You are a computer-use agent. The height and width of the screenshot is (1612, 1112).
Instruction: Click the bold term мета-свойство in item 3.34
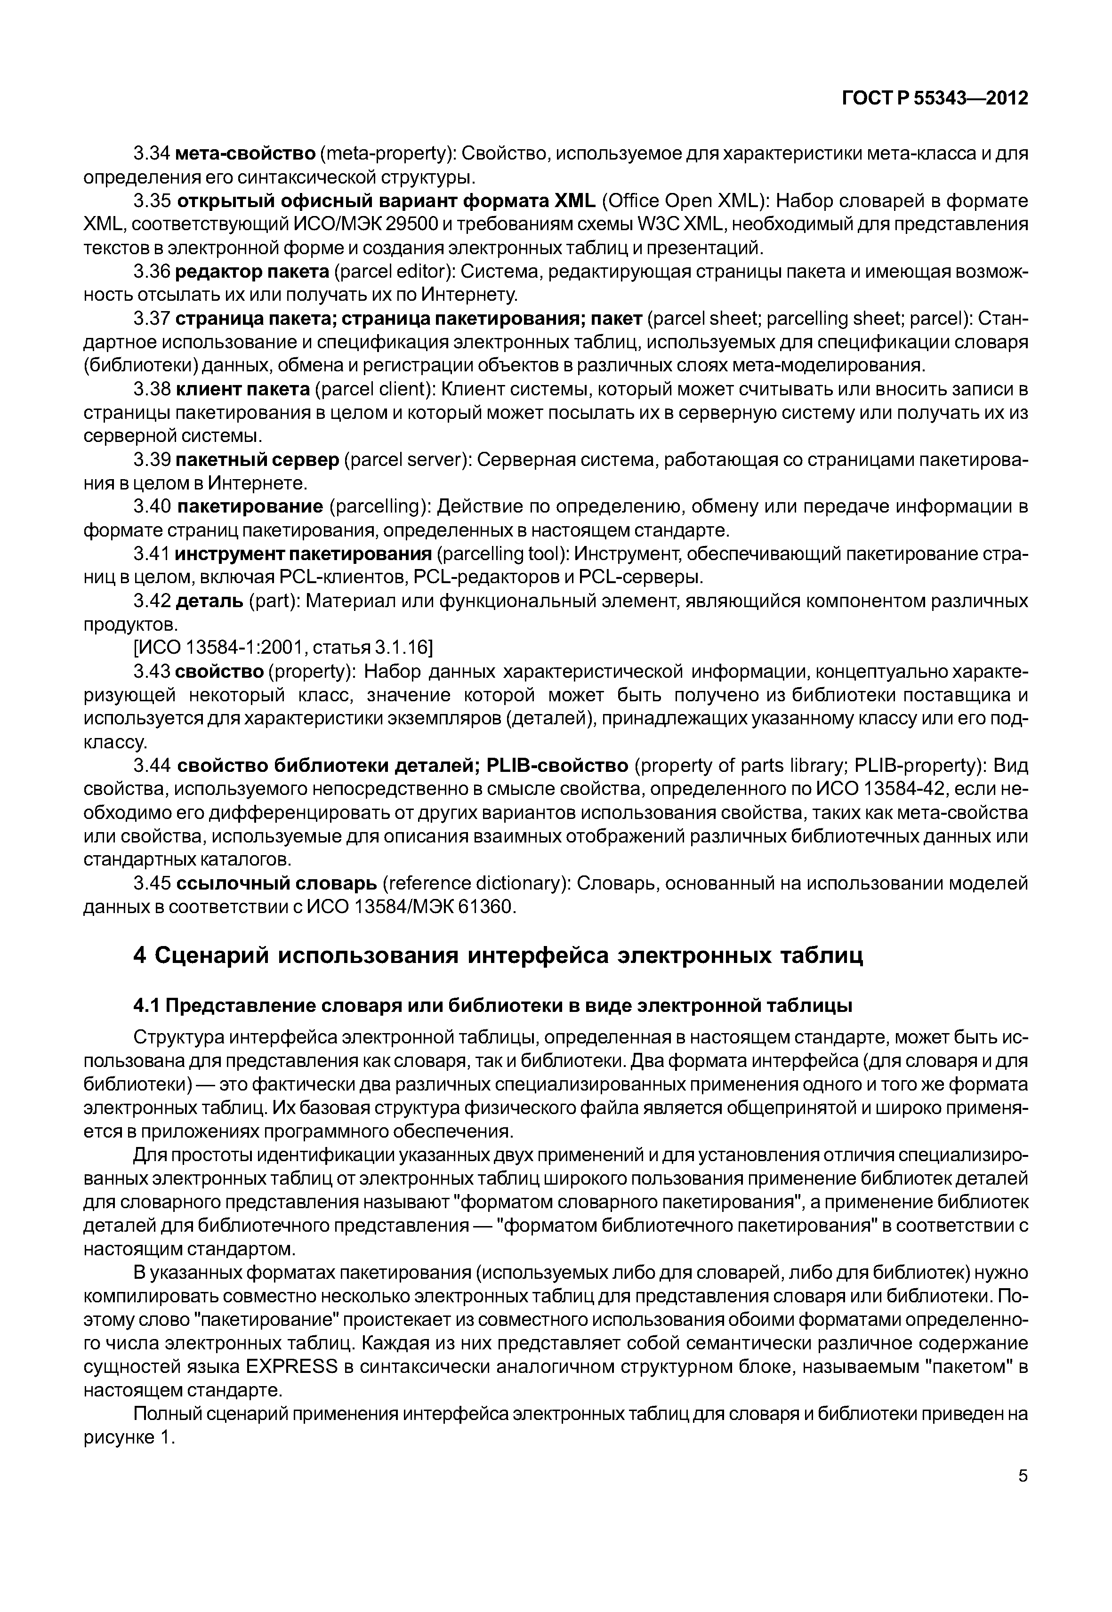[x=246, y=153]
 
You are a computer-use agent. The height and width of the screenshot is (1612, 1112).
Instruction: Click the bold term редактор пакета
[x=252, y=272]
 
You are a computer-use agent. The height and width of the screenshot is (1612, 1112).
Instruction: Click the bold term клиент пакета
[x=243, y=389]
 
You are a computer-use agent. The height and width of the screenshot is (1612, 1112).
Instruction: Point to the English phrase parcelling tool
[x=499, y=554]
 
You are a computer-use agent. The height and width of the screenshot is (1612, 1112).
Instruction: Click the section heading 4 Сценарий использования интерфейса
[x=498, y=954]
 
